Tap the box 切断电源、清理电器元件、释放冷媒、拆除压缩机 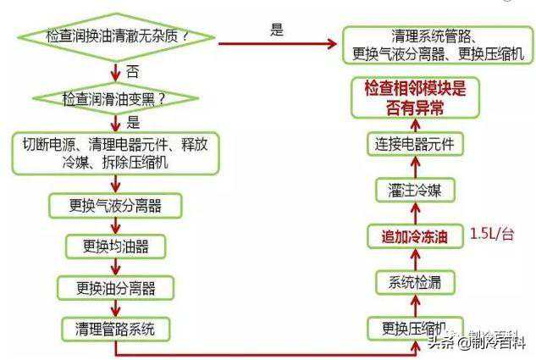coord(114,153)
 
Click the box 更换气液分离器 coord(114,205)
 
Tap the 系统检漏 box coord(414,281)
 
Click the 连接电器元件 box coord(414,144)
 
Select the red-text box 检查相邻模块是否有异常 coord(415,97)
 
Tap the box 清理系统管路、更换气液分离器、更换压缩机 coord(438,47)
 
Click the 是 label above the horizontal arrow coord(276,30)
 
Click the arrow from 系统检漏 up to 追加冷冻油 coord(414,259)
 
